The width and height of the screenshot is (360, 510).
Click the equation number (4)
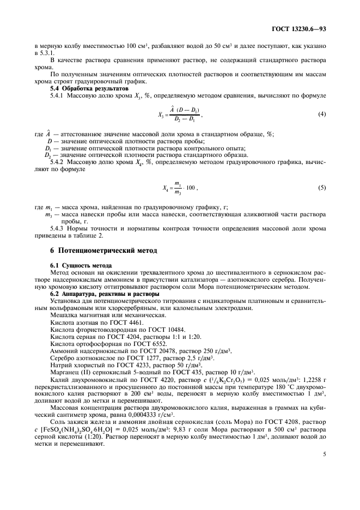click(x=322, y=113)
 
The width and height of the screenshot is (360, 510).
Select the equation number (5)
click(x=322, y=188)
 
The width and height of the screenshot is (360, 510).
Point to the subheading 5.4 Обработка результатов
click(x=83, y=88)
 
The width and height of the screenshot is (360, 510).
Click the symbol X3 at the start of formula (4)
click(x=160, y=115)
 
